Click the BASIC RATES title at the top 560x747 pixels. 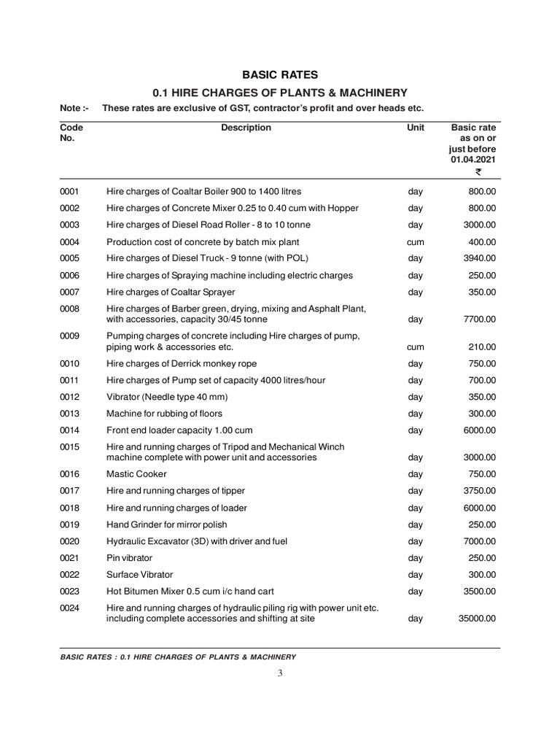280,74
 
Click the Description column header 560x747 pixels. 246,128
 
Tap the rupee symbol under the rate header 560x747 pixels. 478,173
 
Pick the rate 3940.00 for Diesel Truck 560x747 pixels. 481,258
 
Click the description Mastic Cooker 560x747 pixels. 136,474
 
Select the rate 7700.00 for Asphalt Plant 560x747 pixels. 481,320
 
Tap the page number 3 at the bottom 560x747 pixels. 279,673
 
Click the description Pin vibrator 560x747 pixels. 130,558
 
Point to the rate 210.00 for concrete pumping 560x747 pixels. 482,347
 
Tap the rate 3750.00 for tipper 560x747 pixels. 481,491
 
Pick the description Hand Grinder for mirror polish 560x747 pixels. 166,525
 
